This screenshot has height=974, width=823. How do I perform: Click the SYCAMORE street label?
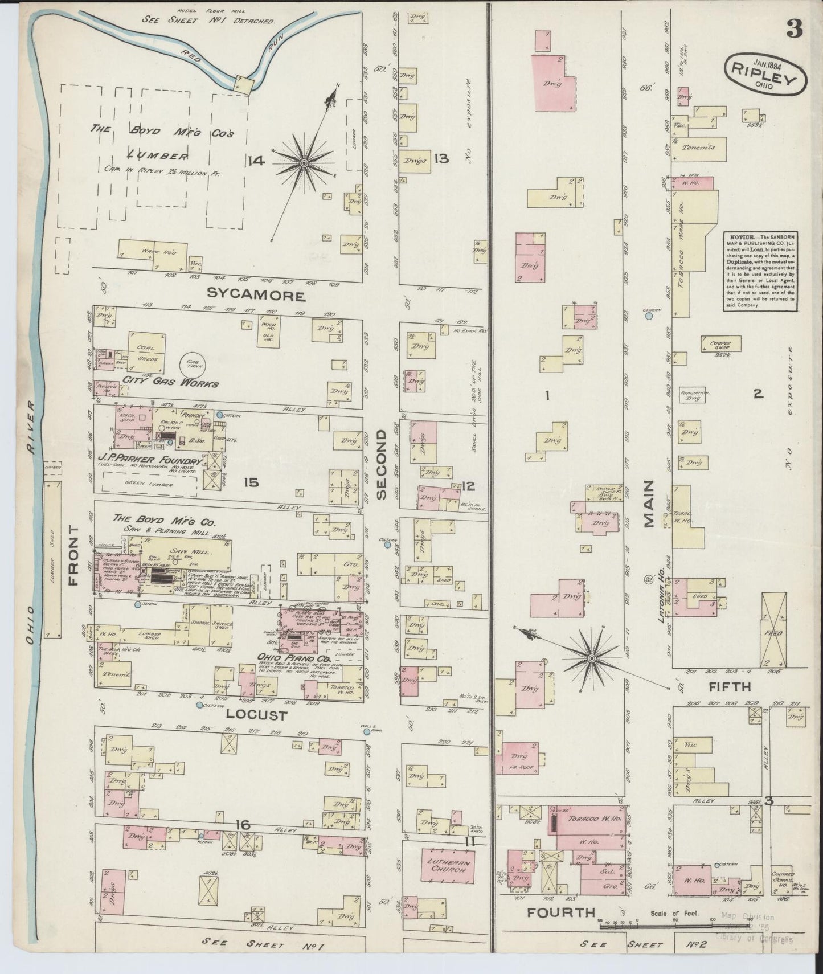(256, 295)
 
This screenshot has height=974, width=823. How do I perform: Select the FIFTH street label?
(729, 686)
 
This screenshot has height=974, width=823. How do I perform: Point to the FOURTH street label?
(561, 913)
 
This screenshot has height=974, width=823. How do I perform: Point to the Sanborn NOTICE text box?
(760, 271)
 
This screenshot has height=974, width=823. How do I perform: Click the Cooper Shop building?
(721, 343)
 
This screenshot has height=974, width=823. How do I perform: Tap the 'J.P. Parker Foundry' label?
(150, 460)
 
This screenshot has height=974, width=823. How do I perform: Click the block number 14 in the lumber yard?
(256, 161)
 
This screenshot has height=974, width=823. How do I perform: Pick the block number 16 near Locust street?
(243, 824)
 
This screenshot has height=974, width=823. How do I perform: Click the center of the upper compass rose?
(304, 163)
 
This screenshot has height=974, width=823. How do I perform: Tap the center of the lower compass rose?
(591, 659)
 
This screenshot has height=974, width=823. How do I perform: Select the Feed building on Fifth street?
(774, 630)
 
